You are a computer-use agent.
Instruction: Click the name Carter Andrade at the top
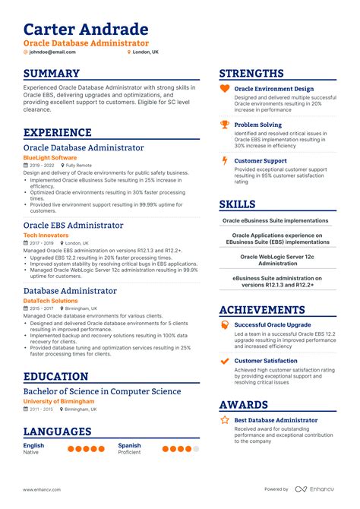click(x=85, y=30)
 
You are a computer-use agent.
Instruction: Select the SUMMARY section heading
click(x=51, y=74)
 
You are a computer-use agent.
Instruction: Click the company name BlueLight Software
click(x=49, y=157)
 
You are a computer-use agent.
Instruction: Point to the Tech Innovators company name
click(x=46, y=236)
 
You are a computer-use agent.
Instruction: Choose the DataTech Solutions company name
click(x=51, y=301)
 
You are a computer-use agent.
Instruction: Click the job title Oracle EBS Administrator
click(x=73, y=225)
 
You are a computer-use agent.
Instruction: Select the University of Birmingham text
click(x=58, y=401)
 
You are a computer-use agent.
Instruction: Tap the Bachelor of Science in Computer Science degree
click(x=102, y=391)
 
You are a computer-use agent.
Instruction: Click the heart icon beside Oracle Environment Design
click(x=225, y=89)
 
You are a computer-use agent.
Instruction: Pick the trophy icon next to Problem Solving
click(x=225, y=125)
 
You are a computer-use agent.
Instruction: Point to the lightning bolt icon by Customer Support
click(x=225, y=160)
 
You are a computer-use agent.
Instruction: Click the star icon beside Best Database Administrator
click(x=225, y=419)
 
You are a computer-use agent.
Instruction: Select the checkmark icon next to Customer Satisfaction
click(x=225, y=361)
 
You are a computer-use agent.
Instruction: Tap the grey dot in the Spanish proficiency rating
click(x=195, y=449)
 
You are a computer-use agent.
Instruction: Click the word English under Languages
click(x=33, y=445)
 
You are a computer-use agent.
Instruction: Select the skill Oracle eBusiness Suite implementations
click(x=275, y=220)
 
